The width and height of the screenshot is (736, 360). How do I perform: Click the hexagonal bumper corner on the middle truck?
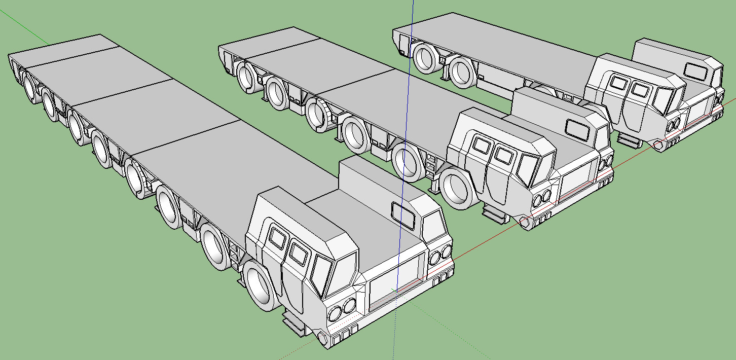point(524,222)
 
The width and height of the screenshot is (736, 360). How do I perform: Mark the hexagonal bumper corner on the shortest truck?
point(658,145)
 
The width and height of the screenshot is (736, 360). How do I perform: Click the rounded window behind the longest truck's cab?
point(403,215)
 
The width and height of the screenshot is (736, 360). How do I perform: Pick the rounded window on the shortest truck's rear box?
point(694,70)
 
